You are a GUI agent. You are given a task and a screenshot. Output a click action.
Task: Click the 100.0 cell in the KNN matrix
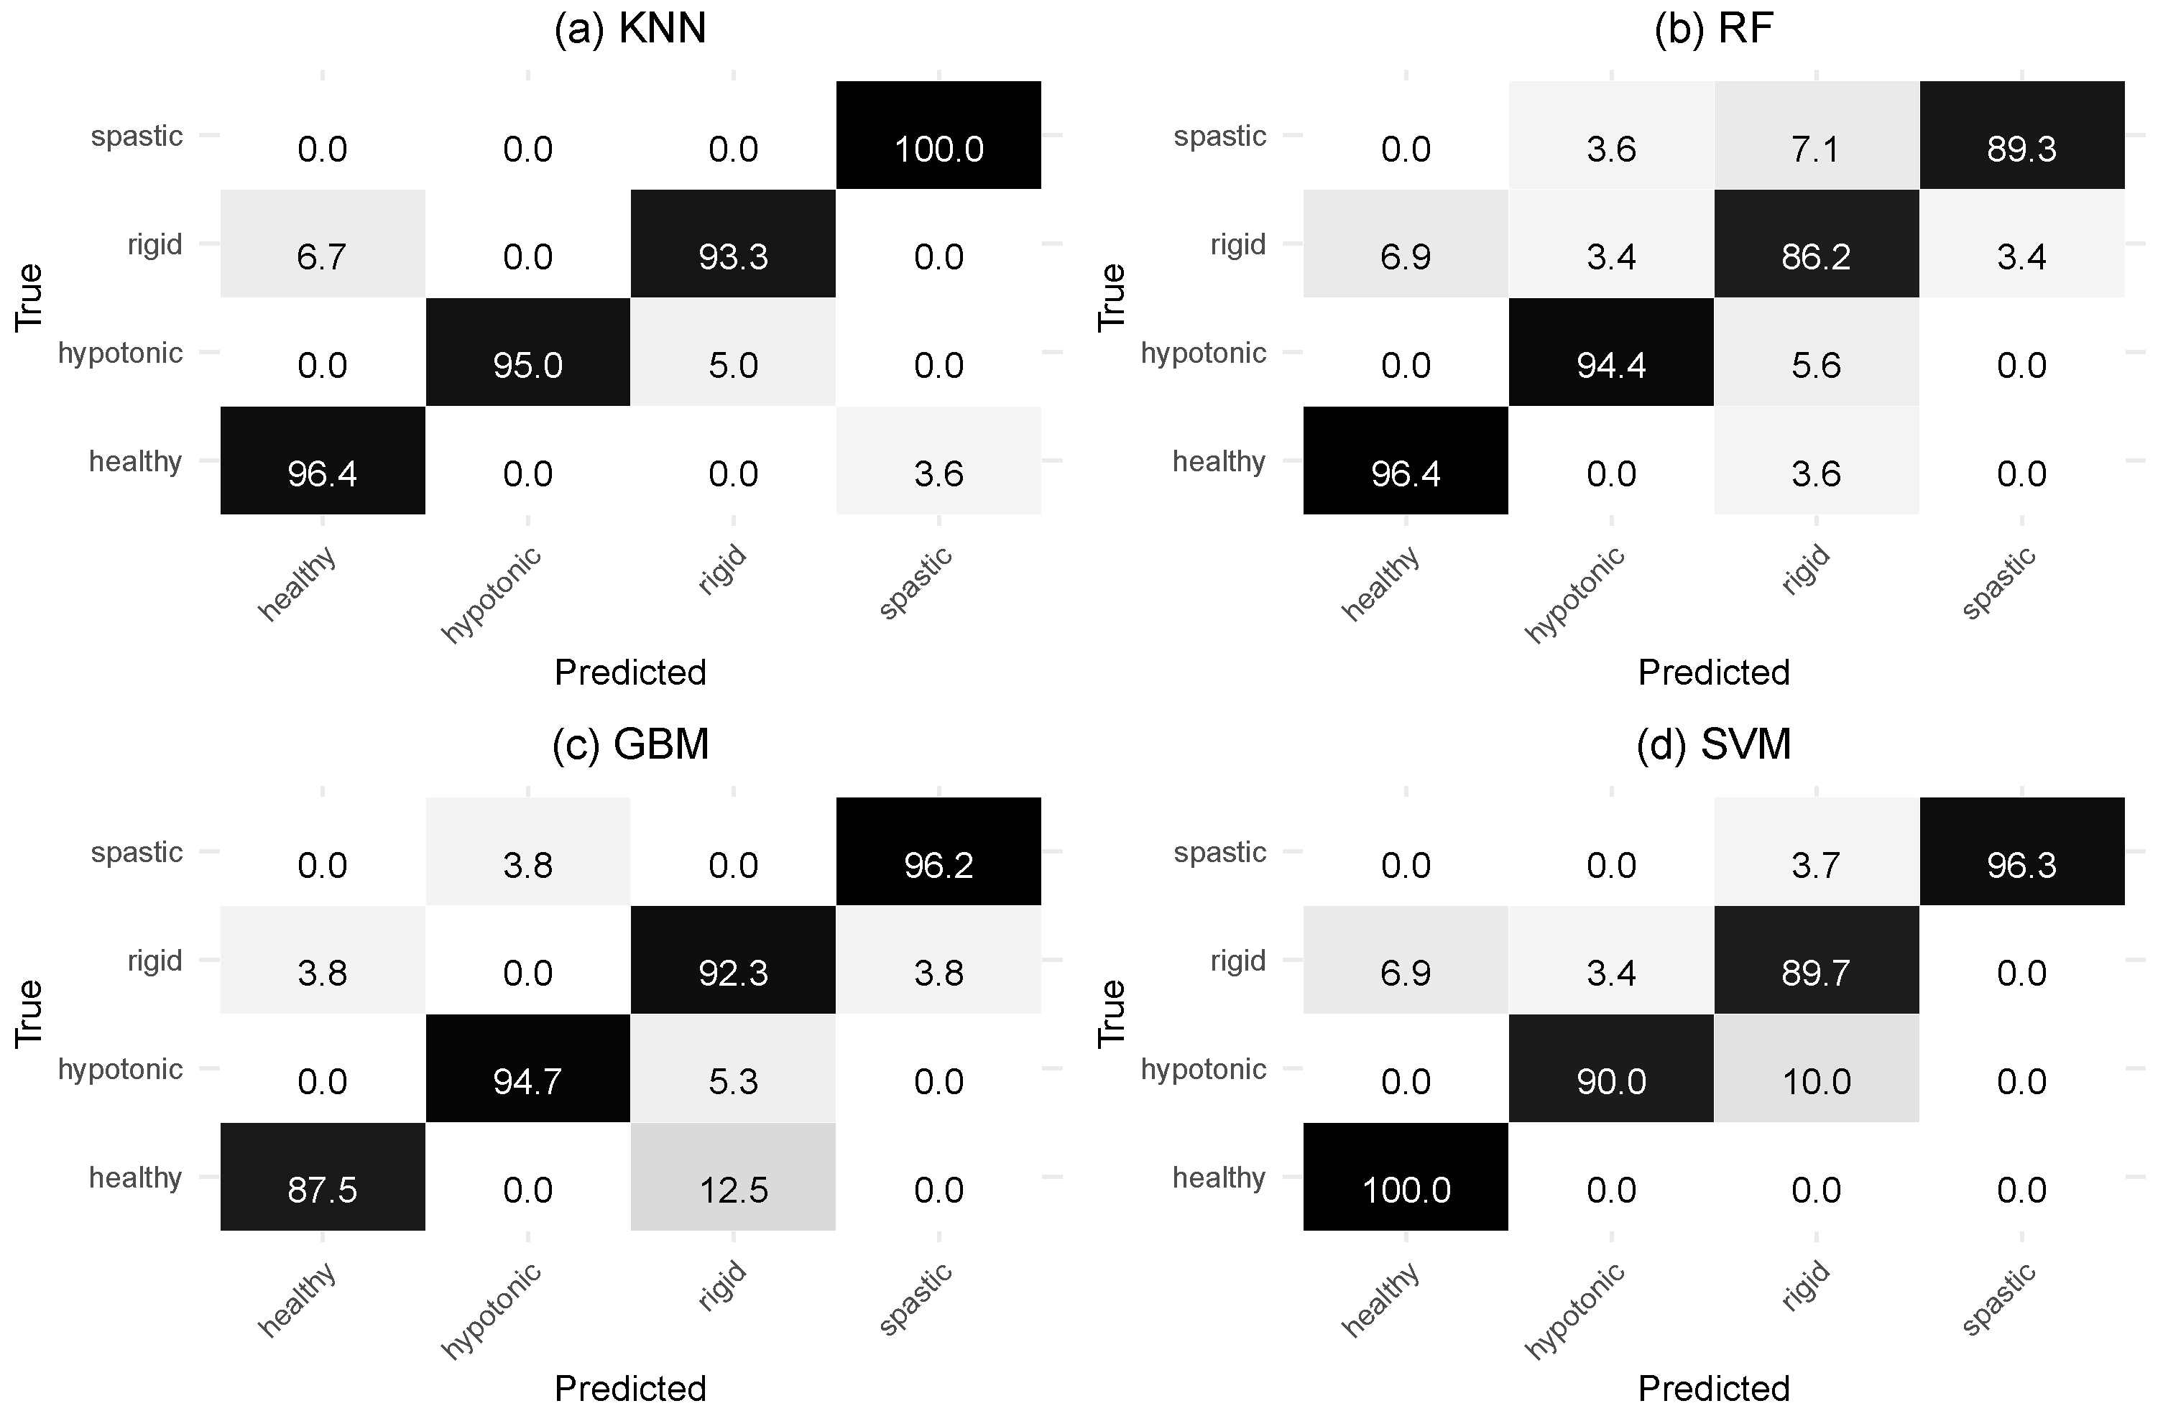[938, 137]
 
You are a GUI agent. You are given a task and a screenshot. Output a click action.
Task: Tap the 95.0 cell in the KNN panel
[527, 353]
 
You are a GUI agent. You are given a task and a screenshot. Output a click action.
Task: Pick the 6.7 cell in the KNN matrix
[322, 244]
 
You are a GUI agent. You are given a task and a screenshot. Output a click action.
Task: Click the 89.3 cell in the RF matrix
[2021, 137]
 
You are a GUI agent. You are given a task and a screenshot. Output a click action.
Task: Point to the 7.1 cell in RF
[1816, 137]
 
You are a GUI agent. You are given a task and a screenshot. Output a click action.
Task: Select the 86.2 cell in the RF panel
[1816, 244]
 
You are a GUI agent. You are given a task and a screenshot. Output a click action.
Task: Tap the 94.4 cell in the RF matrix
[1610, 353]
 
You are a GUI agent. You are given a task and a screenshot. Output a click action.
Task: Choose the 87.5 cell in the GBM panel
[322, 1178]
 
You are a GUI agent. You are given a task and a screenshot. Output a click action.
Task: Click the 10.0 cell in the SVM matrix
[1816, 1069]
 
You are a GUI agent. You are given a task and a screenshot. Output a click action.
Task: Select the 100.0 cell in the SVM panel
[1405, 1178]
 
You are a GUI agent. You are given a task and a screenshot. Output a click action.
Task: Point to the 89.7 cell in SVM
[1816, 961]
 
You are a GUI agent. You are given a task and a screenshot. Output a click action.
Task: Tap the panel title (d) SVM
[1713, 745]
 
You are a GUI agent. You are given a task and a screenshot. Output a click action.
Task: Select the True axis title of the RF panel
[1110, 297]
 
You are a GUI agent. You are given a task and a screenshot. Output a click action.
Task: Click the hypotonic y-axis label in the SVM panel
[1202, 1069]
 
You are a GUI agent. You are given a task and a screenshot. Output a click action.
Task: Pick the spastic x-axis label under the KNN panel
[916, 583]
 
